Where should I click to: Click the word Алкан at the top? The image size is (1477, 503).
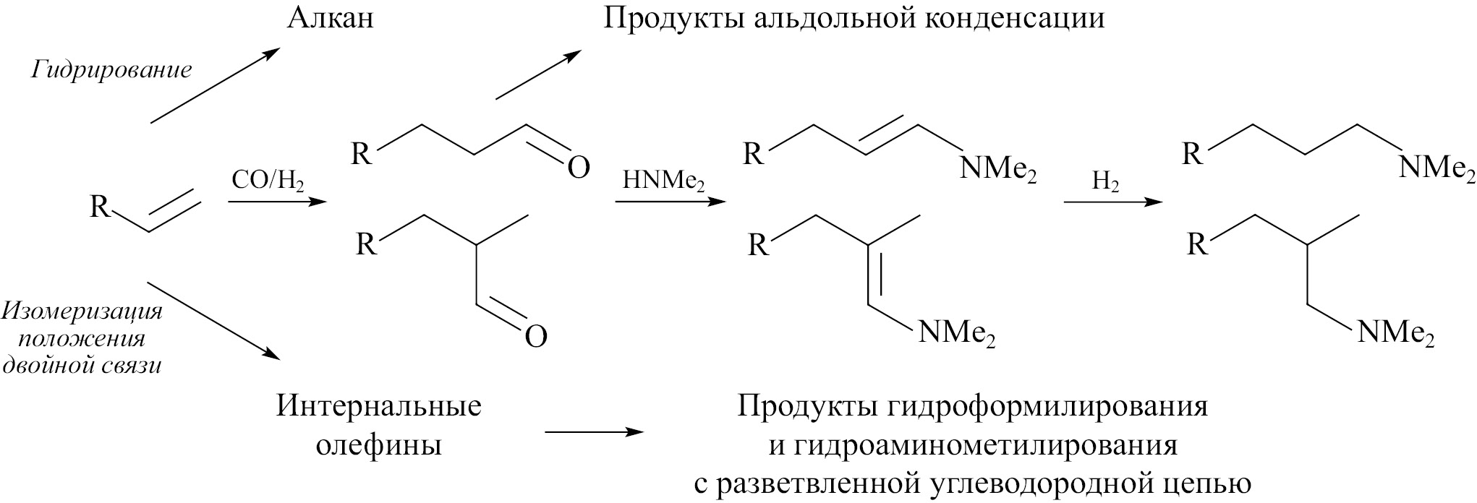(331, 17)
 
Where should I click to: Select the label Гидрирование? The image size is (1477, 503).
(111, 70)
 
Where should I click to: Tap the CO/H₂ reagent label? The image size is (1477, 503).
(268, 181)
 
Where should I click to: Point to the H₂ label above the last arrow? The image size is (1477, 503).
(1106, 184)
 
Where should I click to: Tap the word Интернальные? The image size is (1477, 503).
(379, 406)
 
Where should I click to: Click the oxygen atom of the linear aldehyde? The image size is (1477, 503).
(578, 167)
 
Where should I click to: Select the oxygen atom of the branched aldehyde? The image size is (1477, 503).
(535, 336)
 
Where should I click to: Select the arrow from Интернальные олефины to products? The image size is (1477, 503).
(594, 432)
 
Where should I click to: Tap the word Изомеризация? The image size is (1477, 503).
(81, 312)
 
